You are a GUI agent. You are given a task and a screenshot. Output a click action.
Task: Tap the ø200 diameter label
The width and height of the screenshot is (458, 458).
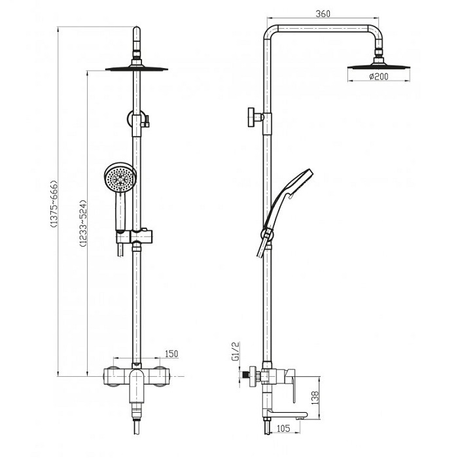click(x=379, y=77)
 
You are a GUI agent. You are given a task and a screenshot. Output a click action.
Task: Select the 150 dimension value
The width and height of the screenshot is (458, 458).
click(x=171, y=354)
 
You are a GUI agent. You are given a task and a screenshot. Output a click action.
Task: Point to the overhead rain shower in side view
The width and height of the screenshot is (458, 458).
click(x=379, y=65)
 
